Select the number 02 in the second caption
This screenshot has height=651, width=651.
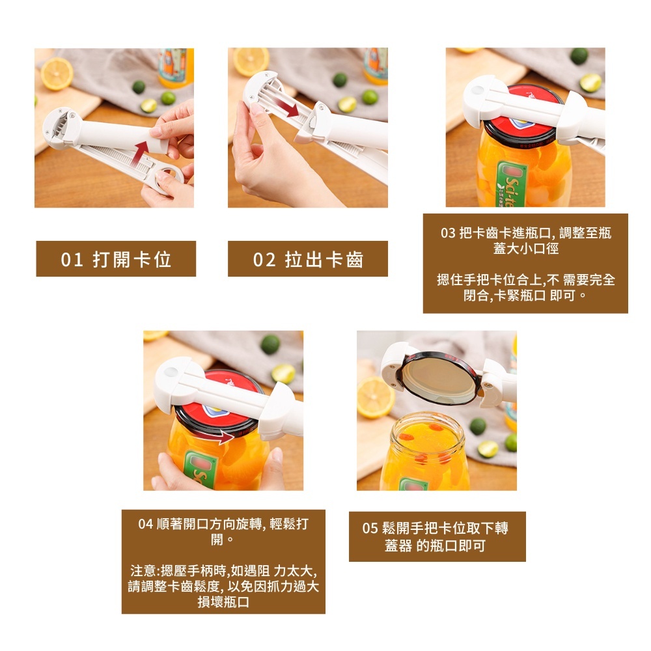pyautogui.click(x=264, y=260)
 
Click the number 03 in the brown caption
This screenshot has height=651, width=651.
pyautogui.click(x=448, y=233)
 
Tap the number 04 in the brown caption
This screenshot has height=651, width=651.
pyautogui.click(x=146, y=524)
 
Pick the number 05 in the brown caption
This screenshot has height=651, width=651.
pyautogui.click(x=370, y=528)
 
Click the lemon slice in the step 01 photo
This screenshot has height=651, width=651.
pyautogui.click(x=57, y=74)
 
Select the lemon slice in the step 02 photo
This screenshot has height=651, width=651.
pyautogui.click(x=251, y=61)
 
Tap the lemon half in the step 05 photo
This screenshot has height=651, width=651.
pyautogui.click(x=376, y=397)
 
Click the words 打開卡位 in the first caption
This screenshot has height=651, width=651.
pyautogui.click(x=132, y=260)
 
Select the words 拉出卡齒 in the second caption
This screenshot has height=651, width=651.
pyautogui.click(x=324, y=260)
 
